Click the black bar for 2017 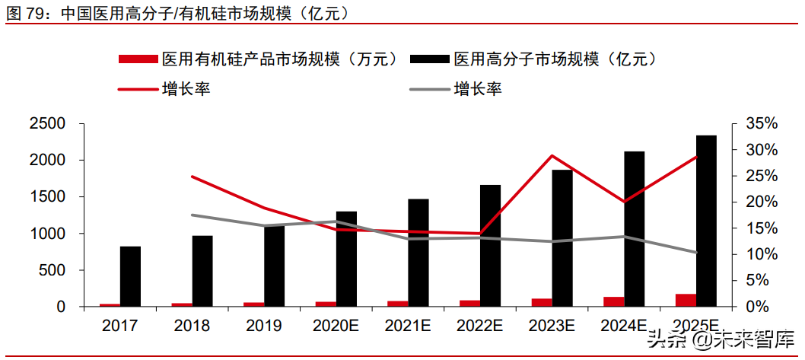coord(130,276)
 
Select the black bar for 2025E coord(706,221)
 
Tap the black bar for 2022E coord(490,245)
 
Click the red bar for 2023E coord(541,302)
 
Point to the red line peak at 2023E coord(552,156)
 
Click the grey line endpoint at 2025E coord(695,253)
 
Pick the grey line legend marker coord(428,90)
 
